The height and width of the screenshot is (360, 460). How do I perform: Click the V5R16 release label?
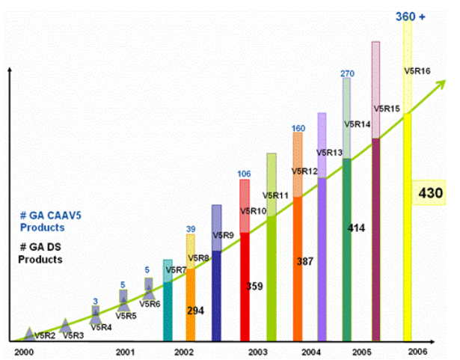click(x=417, y=71)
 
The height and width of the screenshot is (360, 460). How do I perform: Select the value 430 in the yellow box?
click(x=431, y=192)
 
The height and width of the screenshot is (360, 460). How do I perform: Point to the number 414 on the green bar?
click(x=355, y=228)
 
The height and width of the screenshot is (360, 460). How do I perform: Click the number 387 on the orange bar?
click(x=307, y=262)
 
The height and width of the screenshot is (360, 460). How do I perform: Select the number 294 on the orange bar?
click(x=196, y=310)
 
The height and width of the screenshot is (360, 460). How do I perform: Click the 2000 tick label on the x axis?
click(x=23, y=350)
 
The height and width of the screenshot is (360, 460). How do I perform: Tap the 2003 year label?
click(x=257, y=350)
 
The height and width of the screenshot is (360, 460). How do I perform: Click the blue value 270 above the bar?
click(x=347, y=73)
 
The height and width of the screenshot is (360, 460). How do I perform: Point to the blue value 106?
click(x=244, y=174)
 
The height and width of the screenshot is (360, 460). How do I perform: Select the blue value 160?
click(x=298, y=128)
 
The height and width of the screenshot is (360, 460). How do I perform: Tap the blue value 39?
click(x=190, y=229)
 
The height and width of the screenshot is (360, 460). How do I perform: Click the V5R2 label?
click(x=45, y=336)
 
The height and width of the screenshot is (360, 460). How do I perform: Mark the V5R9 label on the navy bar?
click(x=224, y=236)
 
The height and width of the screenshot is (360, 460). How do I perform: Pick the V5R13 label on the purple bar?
click(x=329, y=153)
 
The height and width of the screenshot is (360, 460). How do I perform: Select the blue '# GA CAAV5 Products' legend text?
click(x=42, y=222)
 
